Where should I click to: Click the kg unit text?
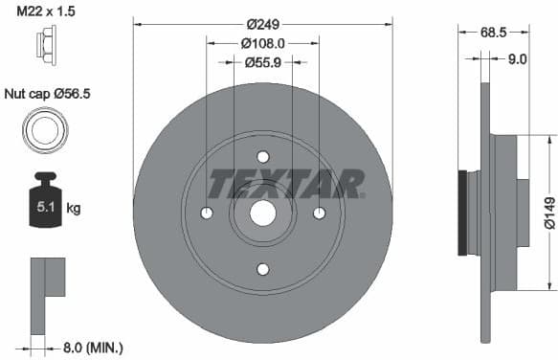click(74, 206)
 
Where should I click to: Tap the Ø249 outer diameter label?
click(262, 23)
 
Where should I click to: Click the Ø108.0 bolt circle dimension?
click(262, 43)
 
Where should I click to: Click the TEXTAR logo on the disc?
click(286, 184)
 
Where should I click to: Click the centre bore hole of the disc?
click(262, 213)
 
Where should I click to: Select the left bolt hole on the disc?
click(206, 213)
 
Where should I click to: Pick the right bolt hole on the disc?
click(320, 213)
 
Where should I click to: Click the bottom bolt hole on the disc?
click(262, 269)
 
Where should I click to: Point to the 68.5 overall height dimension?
click(494, 33)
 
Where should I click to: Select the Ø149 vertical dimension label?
click(548, 218)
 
